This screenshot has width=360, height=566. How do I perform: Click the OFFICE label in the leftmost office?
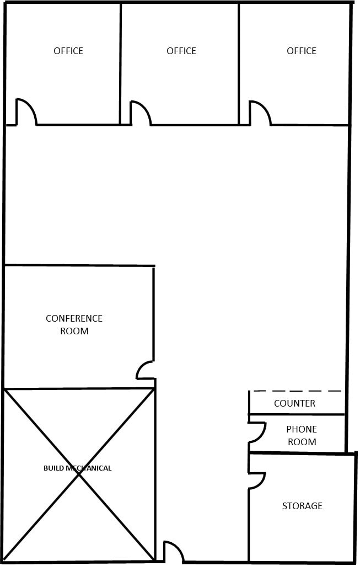(68, 51)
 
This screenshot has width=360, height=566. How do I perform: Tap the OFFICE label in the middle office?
(181, 51)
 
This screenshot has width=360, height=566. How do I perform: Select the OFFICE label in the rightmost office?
(302, 51)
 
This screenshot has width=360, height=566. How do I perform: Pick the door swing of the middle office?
(142, 112)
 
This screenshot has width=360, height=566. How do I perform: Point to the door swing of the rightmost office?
(261, 112)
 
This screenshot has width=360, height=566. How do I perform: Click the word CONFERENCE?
(74, 318)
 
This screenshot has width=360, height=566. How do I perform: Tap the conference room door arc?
(144, 370)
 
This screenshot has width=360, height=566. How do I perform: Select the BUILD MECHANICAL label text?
(77, 468)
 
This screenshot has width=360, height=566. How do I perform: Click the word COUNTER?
(294, 403)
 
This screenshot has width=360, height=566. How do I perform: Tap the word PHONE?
(302, 429)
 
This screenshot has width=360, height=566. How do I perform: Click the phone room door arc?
(258, 432)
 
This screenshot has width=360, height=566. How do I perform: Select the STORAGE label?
(302, 506)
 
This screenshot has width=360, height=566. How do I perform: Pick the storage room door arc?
(258, 480)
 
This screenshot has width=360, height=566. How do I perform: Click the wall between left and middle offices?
(121, 63)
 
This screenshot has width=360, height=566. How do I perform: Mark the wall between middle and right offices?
(239, 63)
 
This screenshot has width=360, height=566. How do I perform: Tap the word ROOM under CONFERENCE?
(74, 331)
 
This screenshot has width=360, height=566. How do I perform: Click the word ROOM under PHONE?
(302, 441)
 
